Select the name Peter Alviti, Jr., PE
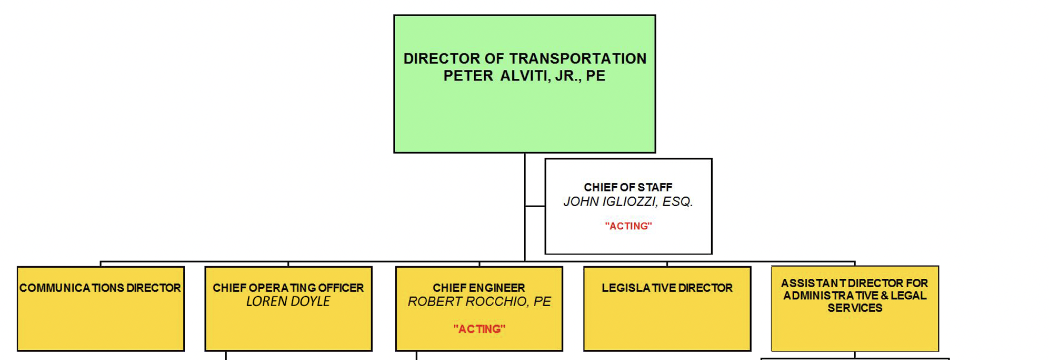(x=524, y=76)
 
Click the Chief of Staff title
(x=628, y=187)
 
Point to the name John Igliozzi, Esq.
(x=628, y=202)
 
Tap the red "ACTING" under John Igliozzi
(x=628, y=226)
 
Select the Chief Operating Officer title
(x=288, y=288)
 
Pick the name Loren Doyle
(x=288, y=302)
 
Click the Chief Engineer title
(x=479, y=288)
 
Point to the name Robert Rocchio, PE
(x=479, y=302)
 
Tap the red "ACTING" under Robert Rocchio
(x=479, y=329)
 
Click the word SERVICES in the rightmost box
(x=855, y=308)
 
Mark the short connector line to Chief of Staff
(x=535, y=206)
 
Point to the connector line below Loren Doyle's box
(x=226, y=356)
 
